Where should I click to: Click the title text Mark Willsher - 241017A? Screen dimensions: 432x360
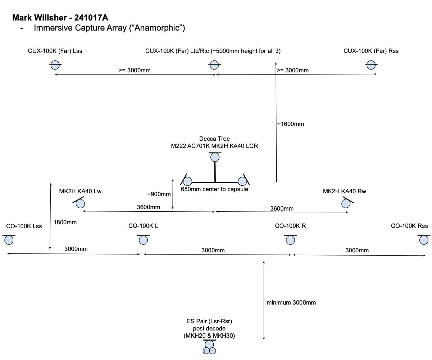(x=60, y=18)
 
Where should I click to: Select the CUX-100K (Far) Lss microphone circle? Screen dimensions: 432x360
(x=55, y=65)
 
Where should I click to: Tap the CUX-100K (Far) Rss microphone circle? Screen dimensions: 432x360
(x=371, y=65)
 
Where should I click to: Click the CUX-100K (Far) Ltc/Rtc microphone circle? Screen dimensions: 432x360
(x=214, y=65)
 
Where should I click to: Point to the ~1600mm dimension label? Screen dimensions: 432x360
(x=291, y=124)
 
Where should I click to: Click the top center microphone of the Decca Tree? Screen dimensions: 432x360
(x=215, y=157)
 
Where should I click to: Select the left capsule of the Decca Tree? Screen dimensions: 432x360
(x=188, y=181)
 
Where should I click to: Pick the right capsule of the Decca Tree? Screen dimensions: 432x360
(x=242, y=181)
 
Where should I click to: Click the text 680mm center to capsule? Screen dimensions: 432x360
(x=214, y=189)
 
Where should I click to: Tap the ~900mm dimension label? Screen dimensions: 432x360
(x=159, y=194)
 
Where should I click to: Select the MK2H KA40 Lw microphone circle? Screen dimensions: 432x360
(x=80, y=204)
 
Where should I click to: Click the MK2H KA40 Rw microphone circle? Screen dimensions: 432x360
(x=346, y=204)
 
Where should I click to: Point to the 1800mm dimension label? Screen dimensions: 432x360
(x=65, y=222)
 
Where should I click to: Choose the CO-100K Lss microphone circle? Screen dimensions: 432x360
(x=9, y=240)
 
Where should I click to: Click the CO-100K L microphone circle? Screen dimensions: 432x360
(x=144, y=240)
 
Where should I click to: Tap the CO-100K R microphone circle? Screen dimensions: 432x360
(x=290, y=240)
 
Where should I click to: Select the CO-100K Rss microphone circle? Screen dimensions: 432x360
(x=424, y=240)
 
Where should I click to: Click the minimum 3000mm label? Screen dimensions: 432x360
(x=291, y=303)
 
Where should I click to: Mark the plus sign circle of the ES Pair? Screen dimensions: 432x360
(x=206, y=351)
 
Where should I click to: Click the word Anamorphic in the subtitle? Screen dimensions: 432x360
(x=157, y=28)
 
